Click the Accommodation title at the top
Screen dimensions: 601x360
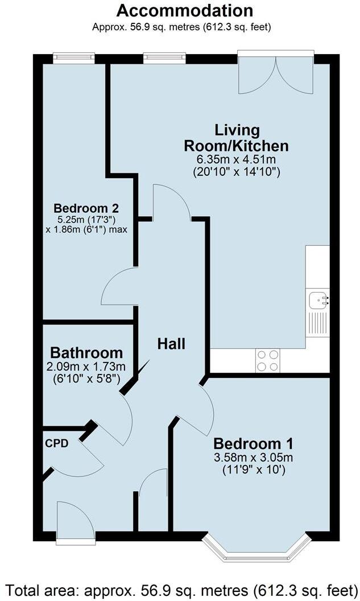click(185, 10)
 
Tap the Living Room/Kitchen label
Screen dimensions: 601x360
click(236, 138)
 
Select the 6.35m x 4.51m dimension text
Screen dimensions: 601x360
click(236, 160)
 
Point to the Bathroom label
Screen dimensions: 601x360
click(86, 352)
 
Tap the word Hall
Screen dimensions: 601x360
click(171, 343)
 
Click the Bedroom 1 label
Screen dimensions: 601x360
click(255, 443)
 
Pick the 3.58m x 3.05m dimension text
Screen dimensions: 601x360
click(255, 458)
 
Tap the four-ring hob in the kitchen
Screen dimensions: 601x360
click(268, 360)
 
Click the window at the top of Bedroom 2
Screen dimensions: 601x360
click(73, 56)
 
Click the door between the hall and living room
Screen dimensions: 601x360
click(172, 202)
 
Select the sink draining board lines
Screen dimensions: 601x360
click(317, 324)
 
